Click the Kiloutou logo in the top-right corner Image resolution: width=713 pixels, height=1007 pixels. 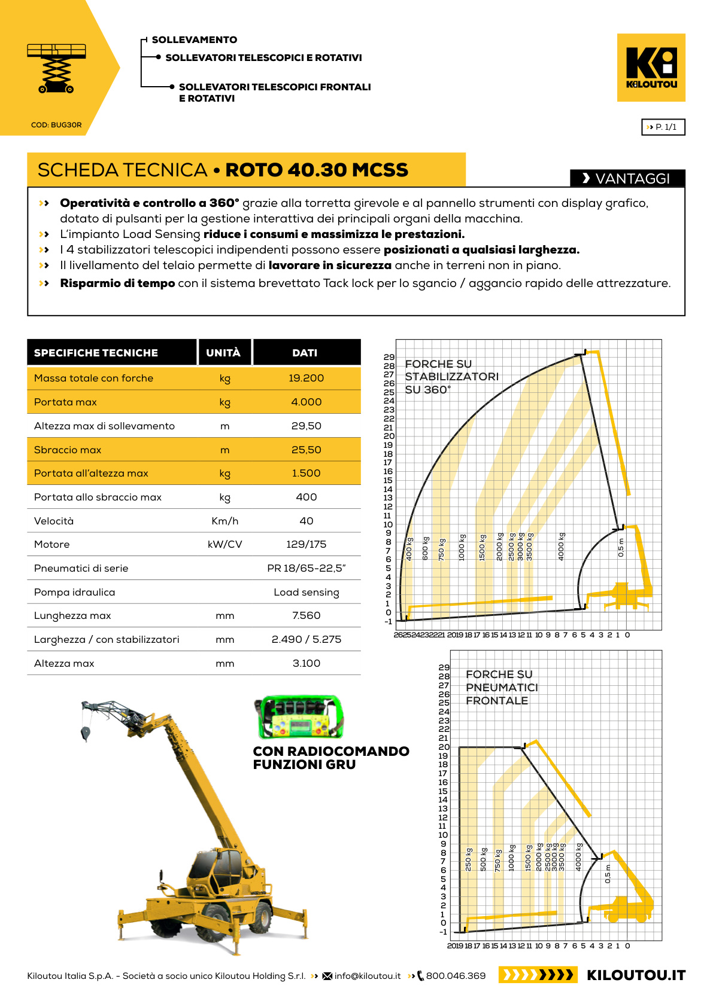pos(651,67)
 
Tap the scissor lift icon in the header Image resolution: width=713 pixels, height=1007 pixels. pos(56,68)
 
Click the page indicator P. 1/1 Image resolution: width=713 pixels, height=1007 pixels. pos(663,127)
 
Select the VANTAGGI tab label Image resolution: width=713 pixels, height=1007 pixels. pos(627,178)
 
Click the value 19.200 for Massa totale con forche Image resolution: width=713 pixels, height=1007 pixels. pos(306,379)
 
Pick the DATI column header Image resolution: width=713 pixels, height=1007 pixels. pos(305,353)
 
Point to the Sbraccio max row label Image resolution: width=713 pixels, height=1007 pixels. pos(68,450)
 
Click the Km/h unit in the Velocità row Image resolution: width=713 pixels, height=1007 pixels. pos(224,521)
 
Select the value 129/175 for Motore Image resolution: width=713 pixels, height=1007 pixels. pos(306,545)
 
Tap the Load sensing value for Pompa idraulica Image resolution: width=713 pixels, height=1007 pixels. pos(306,592)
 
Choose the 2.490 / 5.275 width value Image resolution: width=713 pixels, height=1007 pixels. pos(306,639)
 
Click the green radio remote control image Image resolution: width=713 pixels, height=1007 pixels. pos(300,717)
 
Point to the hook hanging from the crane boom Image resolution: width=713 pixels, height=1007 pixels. pos(86,732)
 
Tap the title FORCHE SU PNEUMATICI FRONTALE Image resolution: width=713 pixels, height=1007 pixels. pos(501,688)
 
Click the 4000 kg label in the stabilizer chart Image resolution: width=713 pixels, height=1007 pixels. pos(562,546)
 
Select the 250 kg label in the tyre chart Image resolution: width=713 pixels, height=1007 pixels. pos(469,859)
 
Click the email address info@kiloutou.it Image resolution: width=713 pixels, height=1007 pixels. pos(367,976)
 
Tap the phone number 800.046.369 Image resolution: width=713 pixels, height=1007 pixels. pos(456,976)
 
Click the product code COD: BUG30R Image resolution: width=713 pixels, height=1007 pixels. pos(56,125)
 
